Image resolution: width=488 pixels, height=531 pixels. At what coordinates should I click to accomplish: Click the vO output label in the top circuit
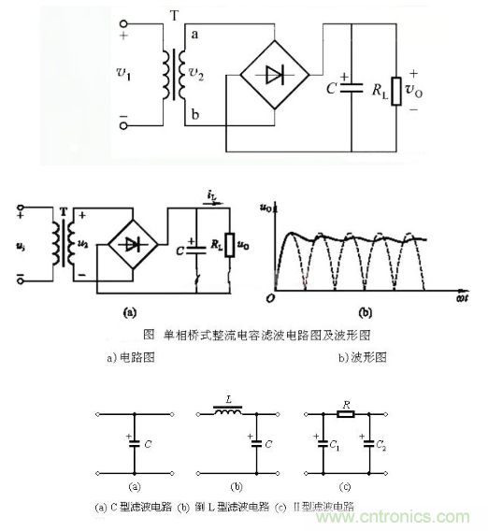click(x=413, y=92)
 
